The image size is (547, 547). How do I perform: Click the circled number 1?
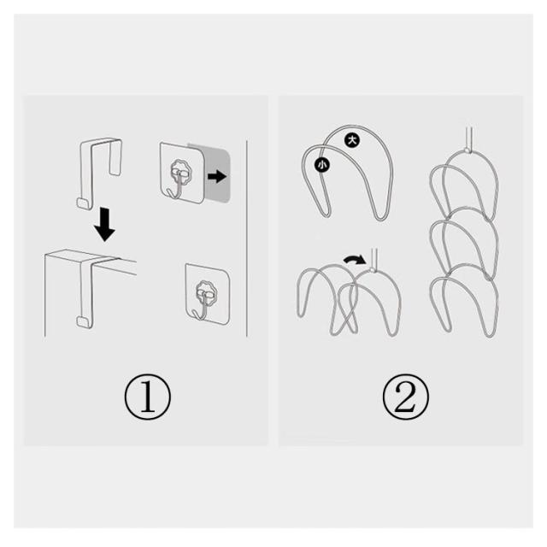pyautogui.click(x=148, y=397)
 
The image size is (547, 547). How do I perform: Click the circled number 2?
pyautogui.click(x=406, y=397)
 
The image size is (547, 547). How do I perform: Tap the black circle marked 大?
pyautogui.click(x=352, y=140)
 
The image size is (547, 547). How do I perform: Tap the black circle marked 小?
pyautogui.click(x=322, y=165)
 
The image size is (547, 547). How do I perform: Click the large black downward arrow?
pyautogui.click(x=104, y=224)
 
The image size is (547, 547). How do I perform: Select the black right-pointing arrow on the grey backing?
pyautogui.click(x=217, y=177)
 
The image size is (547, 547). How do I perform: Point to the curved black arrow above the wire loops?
pyautogui.click(x=355, y=260)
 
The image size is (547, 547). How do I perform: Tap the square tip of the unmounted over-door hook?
pyautogui.click(x=83, y=203)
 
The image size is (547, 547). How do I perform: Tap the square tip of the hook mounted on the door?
pyautogui.click(x=83, y=322)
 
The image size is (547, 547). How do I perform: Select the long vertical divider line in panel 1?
pyautogui.click(x=247, y=238)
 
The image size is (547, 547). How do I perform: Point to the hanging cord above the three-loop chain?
pyautogui.click(x=468, y=138)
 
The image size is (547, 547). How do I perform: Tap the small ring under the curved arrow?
pyautogui.click(x=373, y=270)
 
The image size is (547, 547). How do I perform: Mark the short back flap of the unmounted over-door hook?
pyautogui.click(x=115, y=157)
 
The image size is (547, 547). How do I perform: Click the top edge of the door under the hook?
pyautogui.click(x=91, y=257)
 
